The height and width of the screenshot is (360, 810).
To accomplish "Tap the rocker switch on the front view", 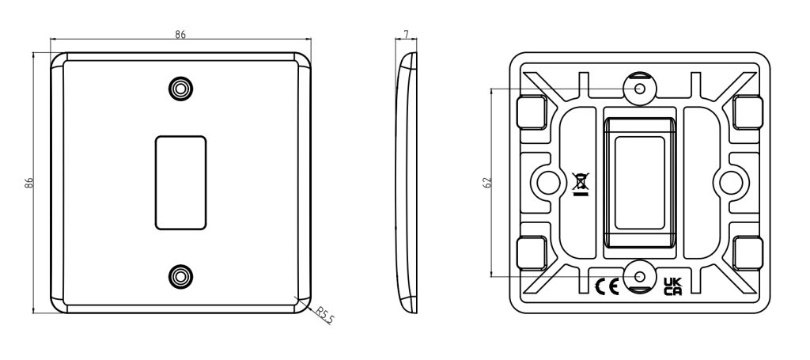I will tap(182, 182).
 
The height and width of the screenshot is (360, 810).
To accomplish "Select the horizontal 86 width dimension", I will tap(180, 36).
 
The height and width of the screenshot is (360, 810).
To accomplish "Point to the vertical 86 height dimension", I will tap(29, 182).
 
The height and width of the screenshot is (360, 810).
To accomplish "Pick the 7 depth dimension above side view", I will tap(407, 36).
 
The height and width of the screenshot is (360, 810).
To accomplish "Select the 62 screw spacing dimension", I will tap(487, 182).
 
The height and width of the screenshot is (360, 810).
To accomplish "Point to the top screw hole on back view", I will tap(641, 89).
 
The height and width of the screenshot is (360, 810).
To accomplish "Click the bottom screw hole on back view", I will tap(641, 276).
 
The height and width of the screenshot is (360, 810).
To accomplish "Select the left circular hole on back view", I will tap(545, 183).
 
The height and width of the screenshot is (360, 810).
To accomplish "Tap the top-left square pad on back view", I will tap(531, 112).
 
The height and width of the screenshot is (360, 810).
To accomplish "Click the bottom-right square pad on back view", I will tap(748, 253).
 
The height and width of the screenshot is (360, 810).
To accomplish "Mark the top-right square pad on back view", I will tap(748, 112).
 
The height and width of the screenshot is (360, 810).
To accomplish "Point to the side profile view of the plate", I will tap(407, 182).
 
